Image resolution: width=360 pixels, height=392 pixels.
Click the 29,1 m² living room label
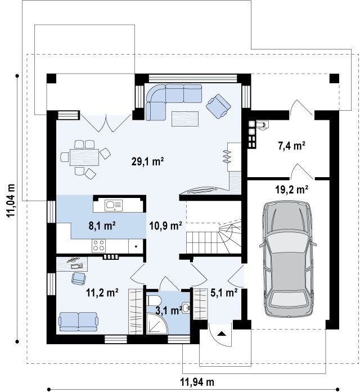[x=147, y=161]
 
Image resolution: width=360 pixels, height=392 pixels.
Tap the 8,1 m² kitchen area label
[x=102, y=226]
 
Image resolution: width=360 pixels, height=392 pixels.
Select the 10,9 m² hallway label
[x=165, y=226]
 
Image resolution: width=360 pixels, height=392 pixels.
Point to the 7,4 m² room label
[x=291, y=146]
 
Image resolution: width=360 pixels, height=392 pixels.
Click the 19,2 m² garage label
[x=291, y=190]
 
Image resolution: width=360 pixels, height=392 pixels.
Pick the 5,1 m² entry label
[x=224, y=292]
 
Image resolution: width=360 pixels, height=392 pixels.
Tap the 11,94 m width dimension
[x=197, y=382]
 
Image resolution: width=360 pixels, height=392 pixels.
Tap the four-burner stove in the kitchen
[x=98, y=245]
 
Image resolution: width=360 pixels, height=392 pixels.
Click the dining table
[x=84, y=157]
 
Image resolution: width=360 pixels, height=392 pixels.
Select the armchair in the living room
[x=218, y=106]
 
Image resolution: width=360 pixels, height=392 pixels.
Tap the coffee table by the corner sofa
[x=185, y=119]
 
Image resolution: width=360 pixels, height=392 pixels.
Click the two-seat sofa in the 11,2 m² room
[x=78, y=322]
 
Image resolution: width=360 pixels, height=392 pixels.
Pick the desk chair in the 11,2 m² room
[x=79, y=278]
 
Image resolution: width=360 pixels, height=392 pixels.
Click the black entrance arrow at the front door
[x=221, y=334]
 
